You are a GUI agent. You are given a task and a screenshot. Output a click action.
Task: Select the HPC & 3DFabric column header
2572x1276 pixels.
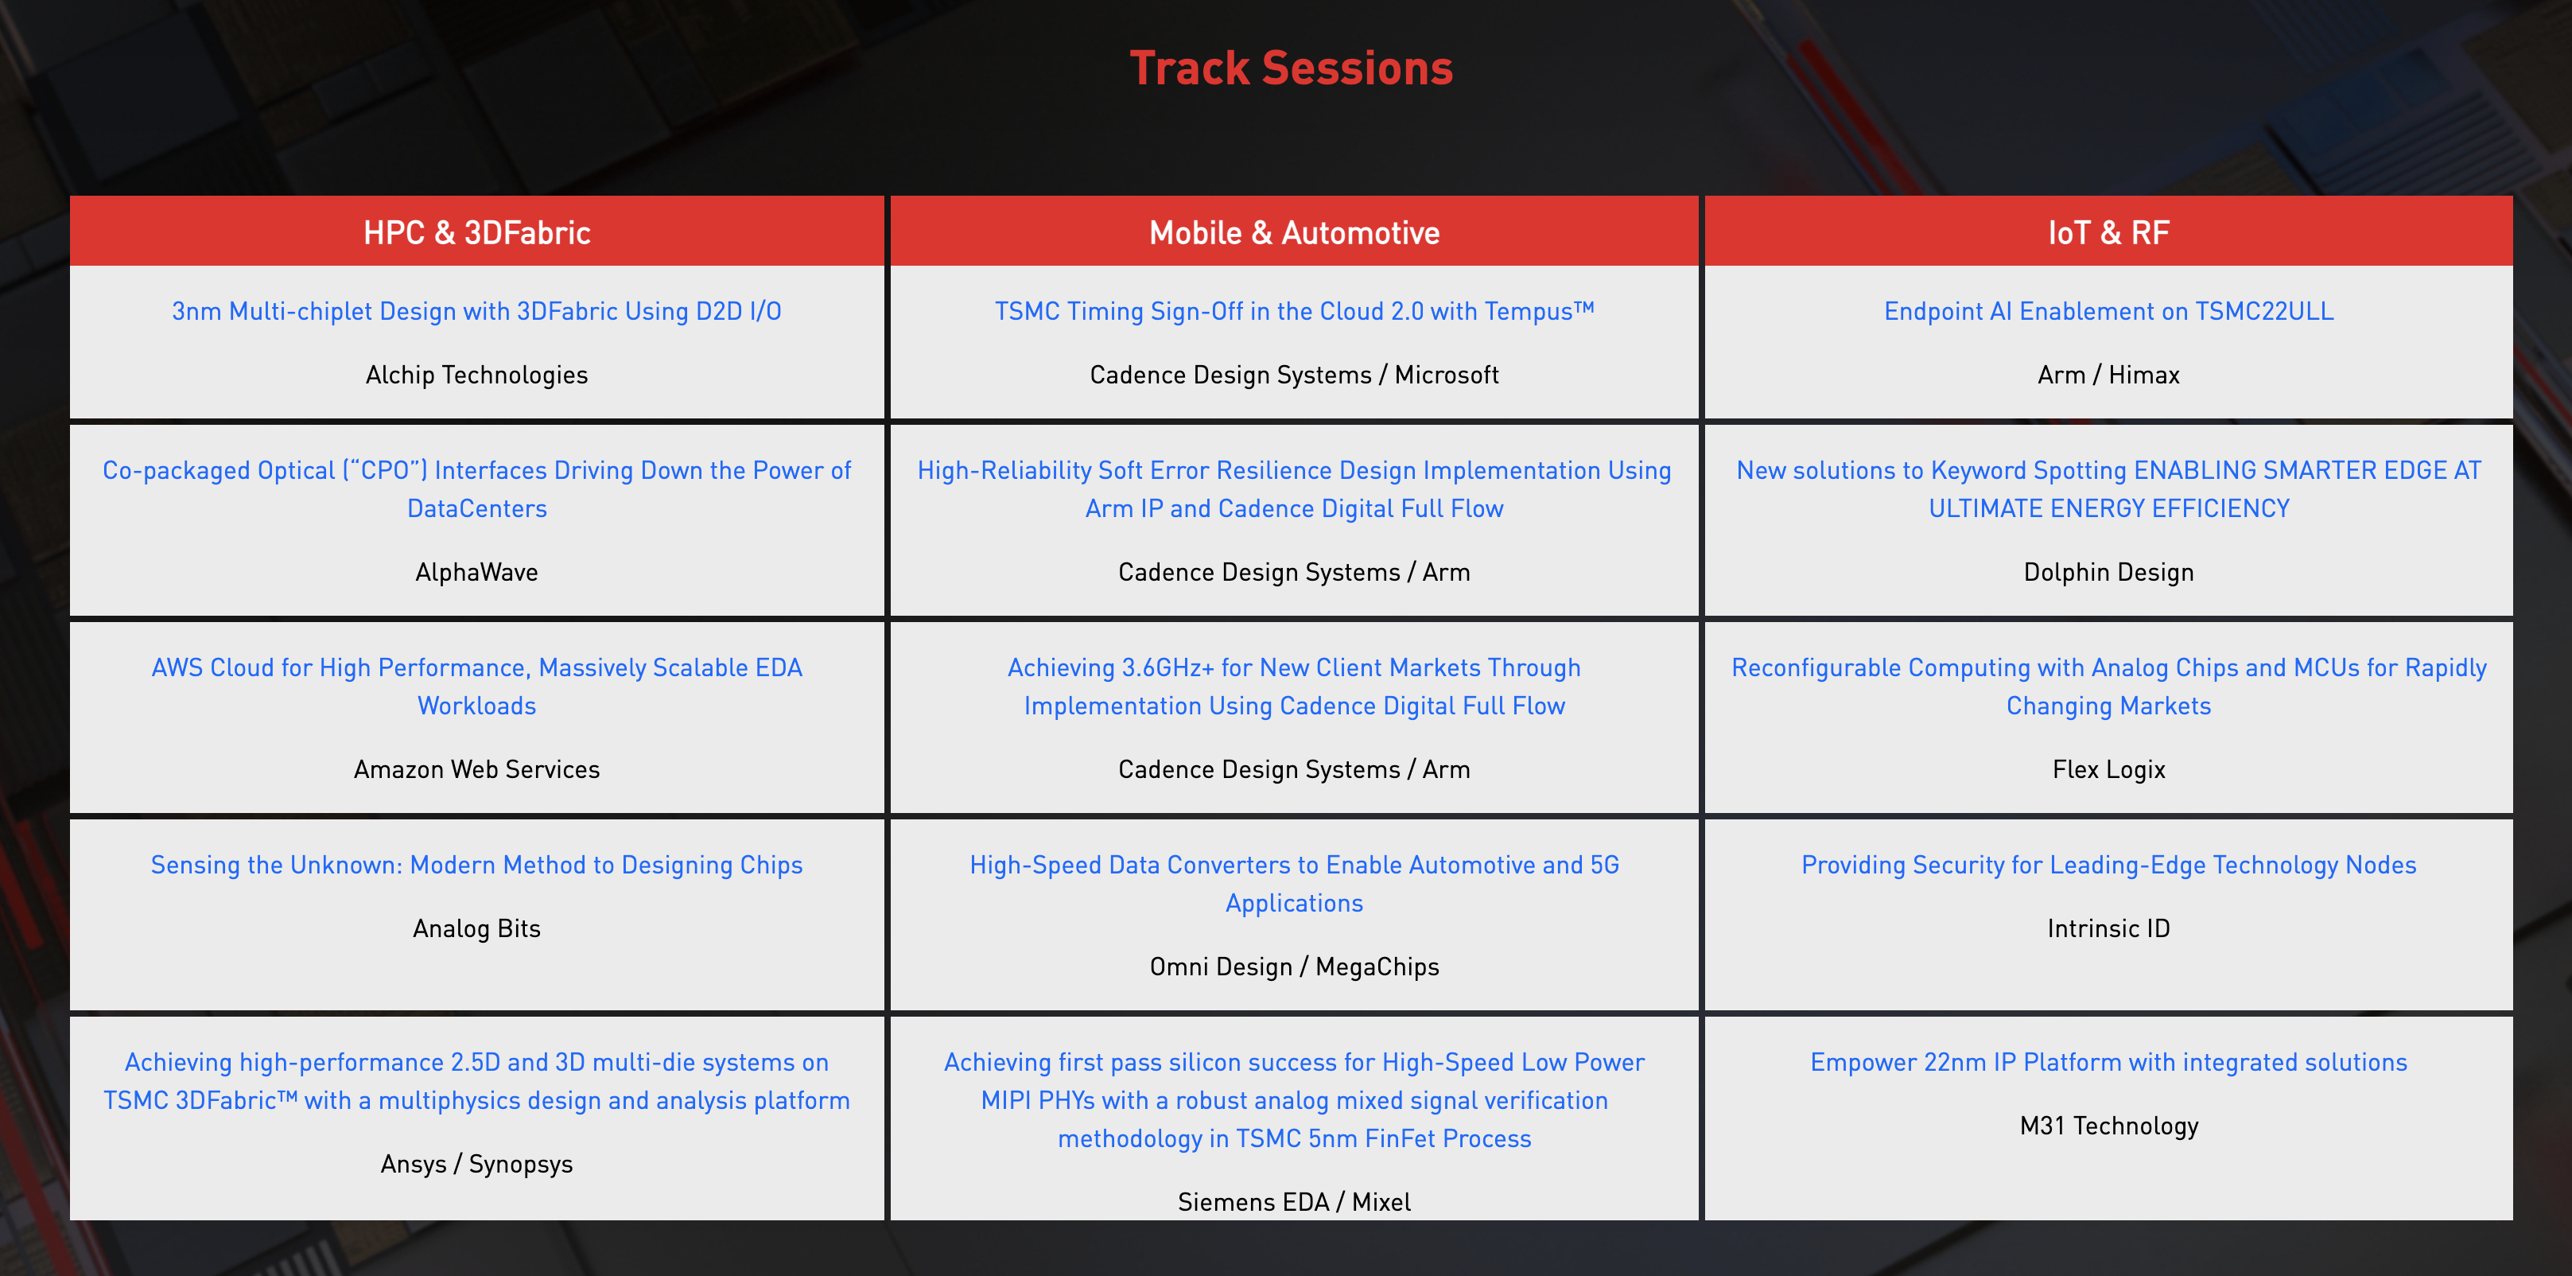coord(477,232)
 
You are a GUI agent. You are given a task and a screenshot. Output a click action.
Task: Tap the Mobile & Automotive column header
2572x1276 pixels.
coord(1294,232)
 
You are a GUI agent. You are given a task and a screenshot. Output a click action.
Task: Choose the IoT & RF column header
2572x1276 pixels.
coord(2108,232)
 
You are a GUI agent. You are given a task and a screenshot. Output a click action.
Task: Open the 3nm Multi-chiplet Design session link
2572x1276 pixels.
coord(476,312)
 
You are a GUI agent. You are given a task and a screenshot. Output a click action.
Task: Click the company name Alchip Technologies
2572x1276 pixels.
coord(476,375)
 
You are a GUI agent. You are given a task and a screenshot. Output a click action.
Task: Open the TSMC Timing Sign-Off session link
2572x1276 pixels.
coord(1294,312)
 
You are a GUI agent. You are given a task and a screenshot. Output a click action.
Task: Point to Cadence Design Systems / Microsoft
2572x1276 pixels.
coord(1294,375)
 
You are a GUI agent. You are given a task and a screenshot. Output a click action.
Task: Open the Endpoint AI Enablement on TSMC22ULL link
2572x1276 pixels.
coord(2108,312)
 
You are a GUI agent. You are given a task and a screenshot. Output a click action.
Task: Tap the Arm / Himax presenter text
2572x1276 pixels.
coord(2108,375)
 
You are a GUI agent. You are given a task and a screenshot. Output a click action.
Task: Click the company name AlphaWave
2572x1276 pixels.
coord(476,572)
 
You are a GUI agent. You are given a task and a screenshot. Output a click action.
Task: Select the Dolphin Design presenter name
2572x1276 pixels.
coord(2108,572)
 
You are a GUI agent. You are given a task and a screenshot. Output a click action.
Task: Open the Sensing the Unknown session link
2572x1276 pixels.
coord(476,866)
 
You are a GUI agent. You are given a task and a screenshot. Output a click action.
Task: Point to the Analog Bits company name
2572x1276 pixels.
coord(476,929)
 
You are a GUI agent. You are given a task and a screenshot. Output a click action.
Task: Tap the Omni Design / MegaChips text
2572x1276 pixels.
coord(1294,967)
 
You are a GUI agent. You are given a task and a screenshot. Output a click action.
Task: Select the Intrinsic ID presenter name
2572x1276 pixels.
coord(2108,929)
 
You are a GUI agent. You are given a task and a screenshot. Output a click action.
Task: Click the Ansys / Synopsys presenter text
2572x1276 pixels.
coord(476,1164)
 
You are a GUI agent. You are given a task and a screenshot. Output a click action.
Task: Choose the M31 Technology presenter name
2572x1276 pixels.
coord(2108,1126)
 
